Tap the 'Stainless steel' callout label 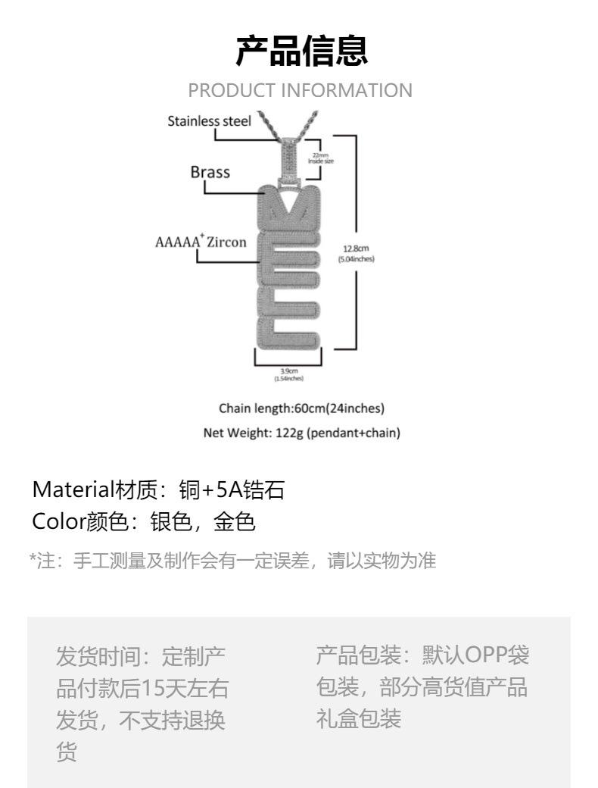pyautogui.click(x=209, y=120)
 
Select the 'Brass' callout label pyautogui.click(x=210, y=172)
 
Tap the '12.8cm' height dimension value pyautogui.click(x=356, y=249)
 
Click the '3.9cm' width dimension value pyautogui.click(x=288, y=370)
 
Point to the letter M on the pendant pyautogui.click(x=290, y=211)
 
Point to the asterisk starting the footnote pyautogui.click(x=33, y=560)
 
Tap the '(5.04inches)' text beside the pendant pyautogui.click(x=356, y=259)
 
